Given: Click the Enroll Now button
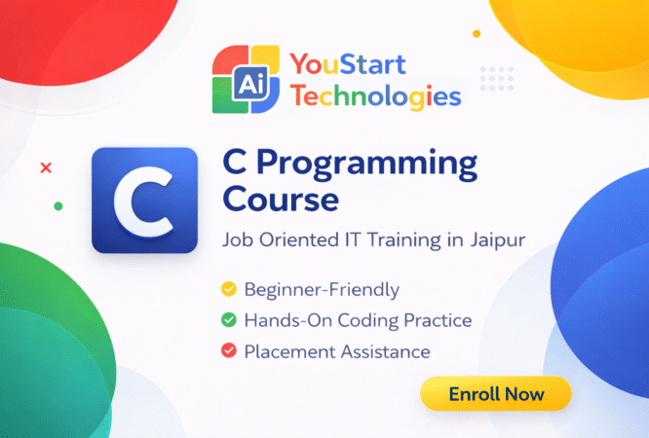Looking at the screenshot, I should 495,394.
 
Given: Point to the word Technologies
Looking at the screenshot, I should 375,96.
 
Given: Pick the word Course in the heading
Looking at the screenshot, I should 281,201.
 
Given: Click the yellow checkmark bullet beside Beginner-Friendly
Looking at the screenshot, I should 229,290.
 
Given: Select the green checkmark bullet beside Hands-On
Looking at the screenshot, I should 229,320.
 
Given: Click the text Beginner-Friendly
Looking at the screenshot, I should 309,290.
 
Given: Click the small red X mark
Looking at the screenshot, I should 45,168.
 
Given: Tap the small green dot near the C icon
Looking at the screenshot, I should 58,206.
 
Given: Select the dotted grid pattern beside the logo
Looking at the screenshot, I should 497,78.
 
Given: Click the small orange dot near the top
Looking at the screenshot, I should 477,33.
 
